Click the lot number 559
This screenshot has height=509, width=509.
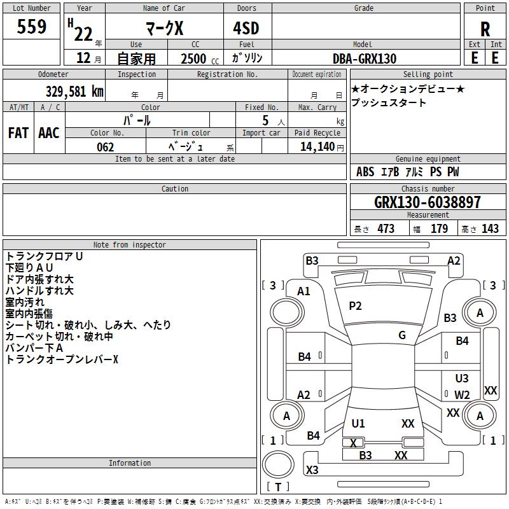coord(31,26)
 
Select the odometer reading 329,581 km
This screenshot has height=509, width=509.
coord(74,92)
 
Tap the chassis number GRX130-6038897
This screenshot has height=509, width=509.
coord(427,202)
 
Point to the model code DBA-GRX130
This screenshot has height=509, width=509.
coord(364,59)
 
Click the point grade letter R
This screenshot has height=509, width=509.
coord(485,29)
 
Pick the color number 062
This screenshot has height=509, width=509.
coord(105,147)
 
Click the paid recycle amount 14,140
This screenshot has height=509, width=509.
coord(317,146)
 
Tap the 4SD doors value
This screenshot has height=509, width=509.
coord(246,28)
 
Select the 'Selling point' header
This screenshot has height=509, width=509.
coord(428,74)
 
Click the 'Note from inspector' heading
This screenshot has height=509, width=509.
coord(130,245)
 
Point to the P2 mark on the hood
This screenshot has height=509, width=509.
coord(355,306)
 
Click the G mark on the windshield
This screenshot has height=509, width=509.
coord(402,335)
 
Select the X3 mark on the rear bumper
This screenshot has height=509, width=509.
coord(312,470)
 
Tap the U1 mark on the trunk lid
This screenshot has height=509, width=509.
coord(358,423)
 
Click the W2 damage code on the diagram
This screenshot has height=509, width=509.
coord(462,394)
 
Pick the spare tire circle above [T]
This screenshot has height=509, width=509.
coord(278,464)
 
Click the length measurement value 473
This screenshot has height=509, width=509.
coord(386,228)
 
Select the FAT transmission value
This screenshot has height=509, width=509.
coord(18,133)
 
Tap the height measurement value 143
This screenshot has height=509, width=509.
coord(490,228)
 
